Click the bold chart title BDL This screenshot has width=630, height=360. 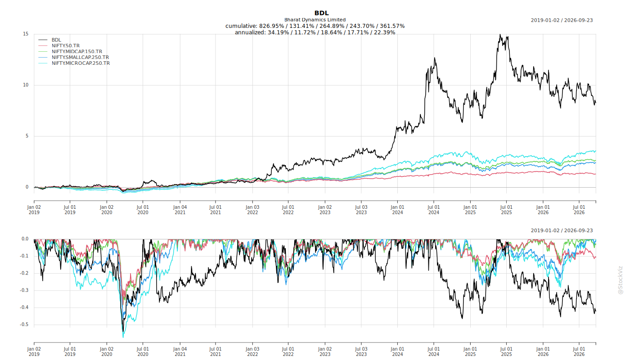(321, 13)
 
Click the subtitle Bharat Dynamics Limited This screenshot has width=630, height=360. (315, 20)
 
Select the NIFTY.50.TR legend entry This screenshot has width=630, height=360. (66, 45)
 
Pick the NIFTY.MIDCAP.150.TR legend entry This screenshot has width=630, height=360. (77, 51)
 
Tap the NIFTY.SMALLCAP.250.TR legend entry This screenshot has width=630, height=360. (80, 58)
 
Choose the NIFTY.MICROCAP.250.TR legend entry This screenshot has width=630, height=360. (81, 63)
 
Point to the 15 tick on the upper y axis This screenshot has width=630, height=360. (26, 34)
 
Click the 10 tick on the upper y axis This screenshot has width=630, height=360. (26, 85)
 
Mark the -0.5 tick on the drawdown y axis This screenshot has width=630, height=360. (24, 324)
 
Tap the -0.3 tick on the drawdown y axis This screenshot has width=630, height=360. (24, 290)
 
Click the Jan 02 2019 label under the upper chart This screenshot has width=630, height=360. (34, 210)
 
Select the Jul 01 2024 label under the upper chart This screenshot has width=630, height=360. (434, 210)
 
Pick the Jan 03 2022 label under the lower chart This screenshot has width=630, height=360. (252, 351)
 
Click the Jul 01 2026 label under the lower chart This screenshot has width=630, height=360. (579, 351)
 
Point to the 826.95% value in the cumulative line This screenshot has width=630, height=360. (272, 26)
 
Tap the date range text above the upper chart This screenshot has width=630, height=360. (562, 20)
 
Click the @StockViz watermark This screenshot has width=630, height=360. (620, 280)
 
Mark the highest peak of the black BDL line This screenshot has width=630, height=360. (500, 35)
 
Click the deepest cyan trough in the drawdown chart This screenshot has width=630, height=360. (123, 337)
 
